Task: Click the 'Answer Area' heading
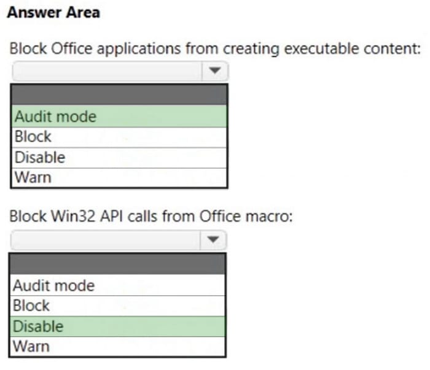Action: coord(53,13)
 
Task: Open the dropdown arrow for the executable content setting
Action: coord(215,71)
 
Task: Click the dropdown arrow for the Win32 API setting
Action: coord(213,240)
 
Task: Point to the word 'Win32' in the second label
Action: coord(73,216)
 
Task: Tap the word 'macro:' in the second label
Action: coord(269,217)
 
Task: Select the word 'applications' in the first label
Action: coord(139,49)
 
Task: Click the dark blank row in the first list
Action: coord(119,94)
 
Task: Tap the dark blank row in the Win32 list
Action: coord(118,264)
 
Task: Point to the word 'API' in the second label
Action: coord(111,216)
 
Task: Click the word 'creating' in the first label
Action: coord(251,49)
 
